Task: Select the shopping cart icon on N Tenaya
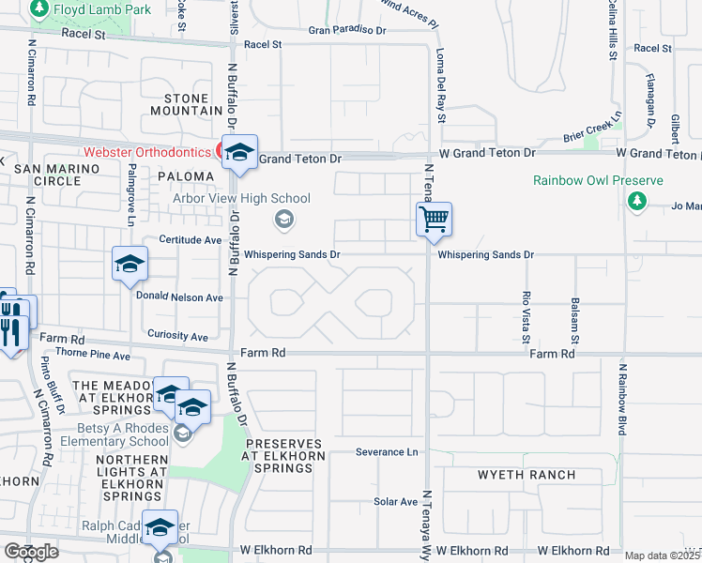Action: click(x=434, y=221)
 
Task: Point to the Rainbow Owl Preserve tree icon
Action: click(x=637, y=201)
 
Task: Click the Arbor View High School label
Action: click(x=241, y=198)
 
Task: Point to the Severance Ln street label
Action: click(x=386, y=451)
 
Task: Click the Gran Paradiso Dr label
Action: click(x=347, y=30)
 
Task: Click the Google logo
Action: click(x=30, y=551)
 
